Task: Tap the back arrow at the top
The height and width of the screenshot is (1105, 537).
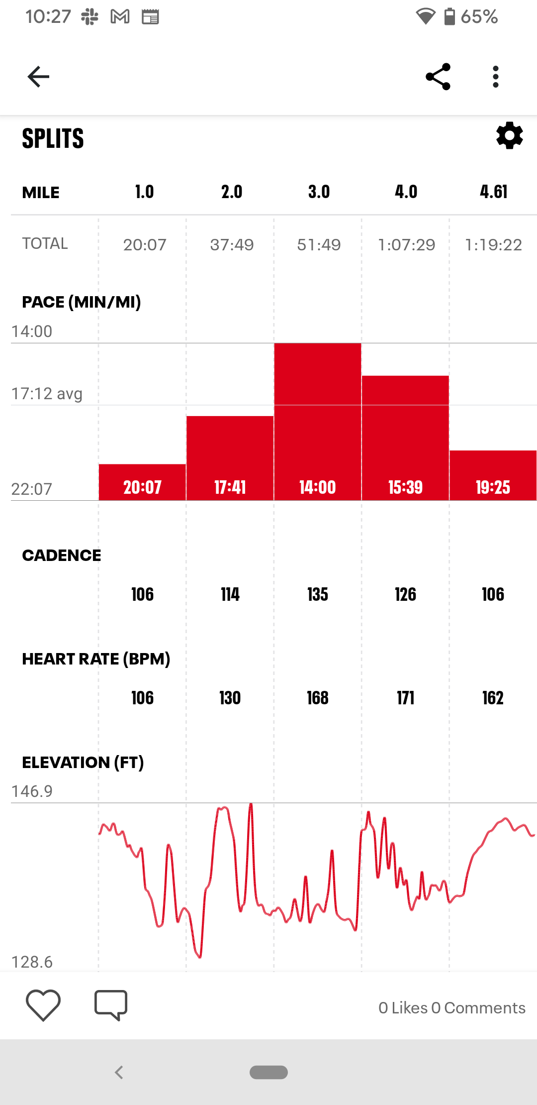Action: pos(38,77)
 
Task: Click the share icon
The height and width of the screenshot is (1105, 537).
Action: pos(438,77)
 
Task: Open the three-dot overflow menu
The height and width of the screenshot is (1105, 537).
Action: pos(495,77)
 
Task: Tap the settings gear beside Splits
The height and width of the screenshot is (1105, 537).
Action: pos(510,135)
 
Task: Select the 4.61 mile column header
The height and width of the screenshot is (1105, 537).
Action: pos(493,192)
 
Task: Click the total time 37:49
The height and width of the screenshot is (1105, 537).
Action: pos(232,244)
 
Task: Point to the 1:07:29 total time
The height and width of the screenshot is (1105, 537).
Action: pos(406,244)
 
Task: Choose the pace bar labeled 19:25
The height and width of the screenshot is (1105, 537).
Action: pos(493,475)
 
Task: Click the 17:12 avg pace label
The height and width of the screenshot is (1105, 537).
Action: pos(47,394)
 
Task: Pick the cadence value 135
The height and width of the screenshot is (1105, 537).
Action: pos(317,594)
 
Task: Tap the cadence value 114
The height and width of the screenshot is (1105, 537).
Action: pos(230,594)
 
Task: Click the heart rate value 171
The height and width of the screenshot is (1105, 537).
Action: pos(406,698)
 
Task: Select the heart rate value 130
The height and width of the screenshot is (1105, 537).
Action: pos(230,698)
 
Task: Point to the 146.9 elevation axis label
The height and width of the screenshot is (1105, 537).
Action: pos(32,791)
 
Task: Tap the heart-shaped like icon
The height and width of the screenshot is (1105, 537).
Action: pos(43,1005)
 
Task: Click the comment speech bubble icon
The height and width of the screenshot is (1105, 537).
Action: pos(111,1005)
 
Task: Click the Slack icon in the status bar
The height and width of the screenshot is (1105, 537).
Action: pos(90,17)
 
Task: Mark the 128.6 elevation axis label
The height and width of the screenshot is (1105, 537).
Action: pos(32,962)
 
